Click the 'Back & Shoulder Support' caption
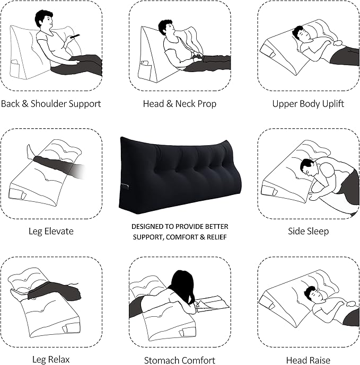coord(51,104)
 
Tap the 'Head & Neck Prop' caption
coord(180,104)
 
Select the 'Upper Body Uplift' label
coord(308,104)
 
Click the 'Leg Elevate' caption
coord(51,231)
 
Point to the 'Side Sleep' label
coord(308,231)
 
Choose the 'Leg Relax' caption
coord(51,360)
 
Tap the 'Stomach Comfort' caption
coord(180,360)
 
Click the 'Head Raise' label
coord(308,360)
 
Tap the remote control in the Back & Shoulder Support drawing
coord(75,36)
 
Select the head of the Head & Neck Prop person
coord(165,28)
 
